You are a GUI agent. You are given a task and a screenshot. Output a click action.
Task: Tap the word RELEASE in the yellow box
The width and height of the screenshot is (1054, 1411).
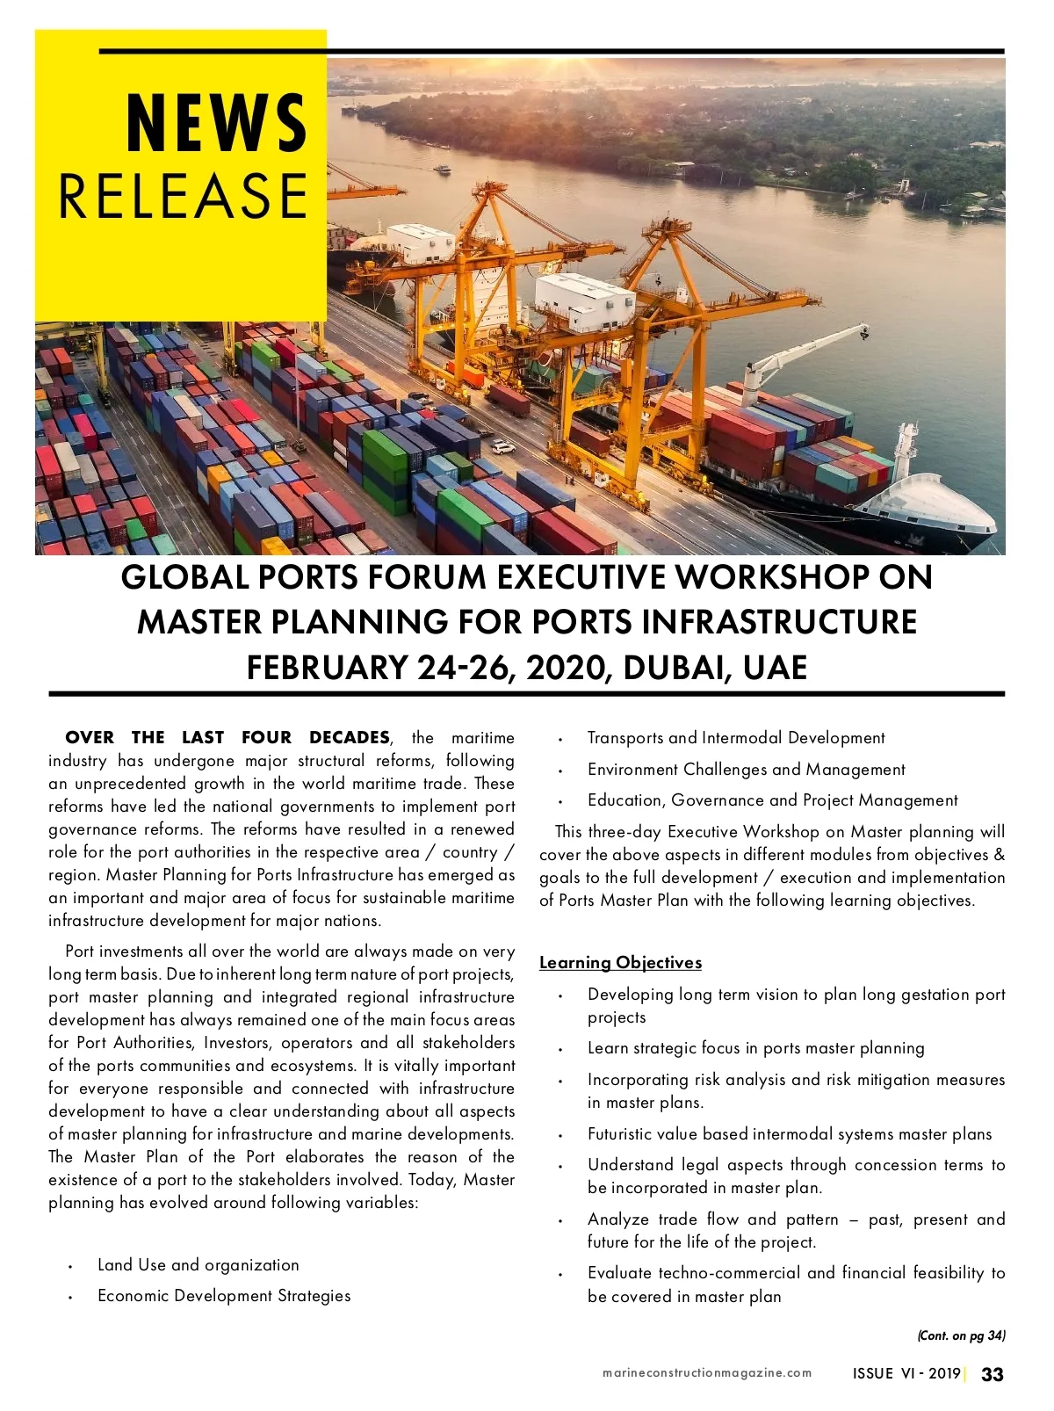coord(183,195)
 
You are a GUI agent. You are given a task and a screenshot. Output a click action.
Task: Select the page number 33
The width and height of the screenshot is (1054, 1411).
coord(992,1374)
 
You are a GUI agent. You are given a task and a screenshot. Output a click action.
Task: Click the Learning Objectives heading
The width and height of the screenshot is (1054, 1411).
coord(620,963)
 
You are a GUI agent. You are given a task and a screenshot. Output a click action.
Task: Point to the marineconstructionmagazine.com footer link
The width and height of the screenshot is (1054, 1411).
coord(707,1373)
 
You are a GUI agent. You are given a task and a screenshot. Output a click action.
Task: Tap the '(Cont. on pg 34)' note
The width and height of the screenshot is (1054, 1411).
coord(961,1336)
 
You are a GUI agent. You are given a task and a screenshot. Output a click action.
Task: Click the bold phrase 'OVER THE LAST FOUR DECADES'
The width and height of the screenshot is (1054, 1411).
coord(227,738)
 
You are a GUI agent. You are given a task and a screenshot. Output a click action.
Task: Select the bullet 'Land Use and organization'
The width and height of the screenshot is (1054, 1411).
coord(198,1265)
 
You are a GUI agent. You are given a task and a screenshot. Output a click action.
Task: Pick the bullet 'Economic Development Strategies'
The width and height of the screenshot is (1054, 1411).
coord(224,1296)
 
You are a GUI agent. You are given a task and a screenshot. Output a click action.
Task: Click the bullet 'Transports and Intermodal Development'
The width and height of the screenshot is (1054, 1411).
coord(736,738)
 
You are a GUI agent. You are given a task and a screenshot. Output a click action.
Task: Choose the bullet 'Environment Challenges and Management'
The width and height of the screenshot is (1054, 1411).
coord(746,770)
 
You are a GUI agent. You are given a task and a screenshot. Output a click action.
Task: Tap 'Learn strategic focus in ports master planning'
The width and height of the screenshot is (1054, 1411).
coord(755,1048)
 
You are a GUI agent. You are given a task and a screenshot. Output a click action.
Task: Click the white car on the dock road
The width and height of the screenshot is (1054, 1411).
coord(502,447)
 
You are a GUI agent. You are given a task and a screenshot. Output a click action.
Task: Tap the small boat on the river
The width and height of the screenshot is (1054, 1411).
coord(442,169)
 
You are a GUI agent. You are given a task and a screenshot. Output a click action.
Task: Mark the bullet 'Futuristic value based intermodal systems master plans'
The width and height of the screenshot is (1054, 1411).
coord(790,1134)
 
